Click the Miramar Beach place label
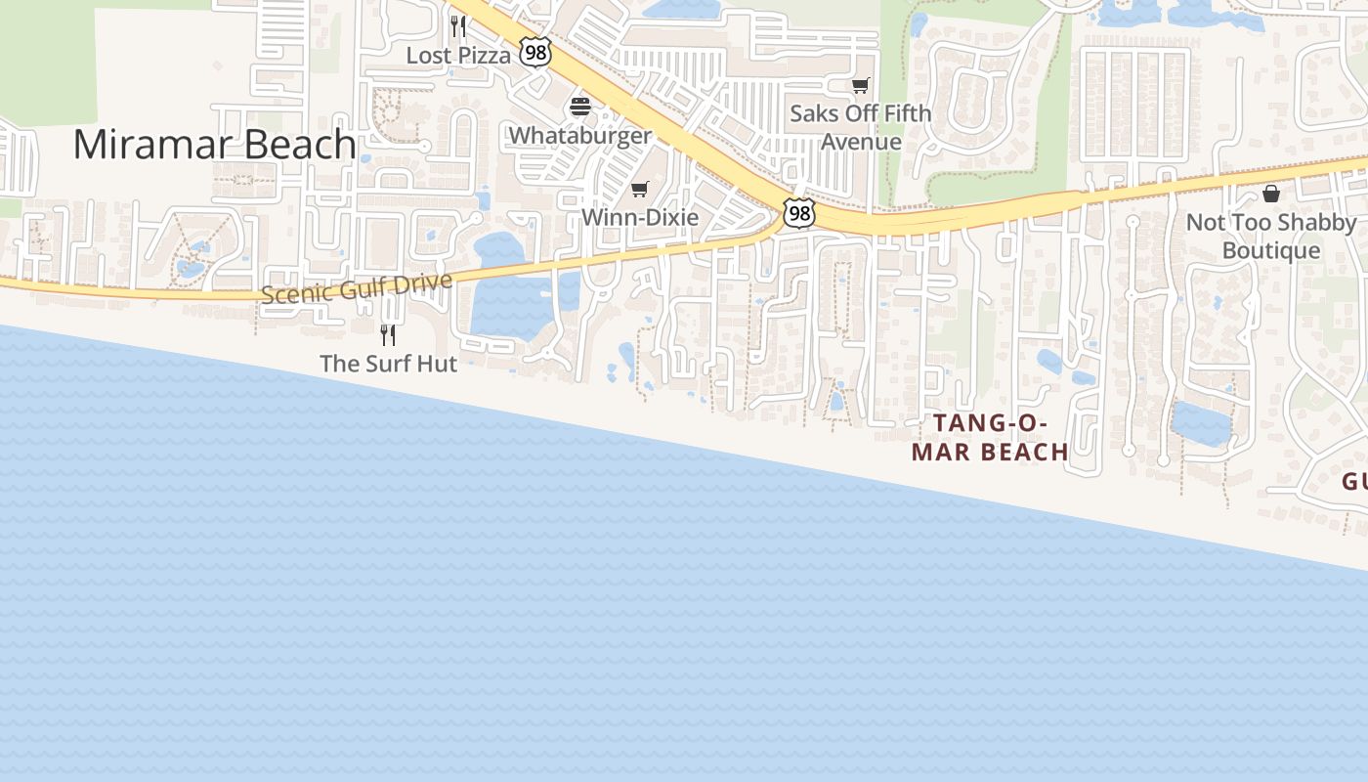(214, 145)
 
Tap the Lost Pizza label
(458, 56)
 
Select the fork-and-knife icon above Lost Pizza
(457, 25)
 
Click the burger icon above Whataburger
(580, 107)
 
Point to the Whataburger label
(580, 135)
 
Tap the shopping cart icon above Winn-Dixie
(639, 189)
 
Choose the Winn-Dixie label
(640, 217)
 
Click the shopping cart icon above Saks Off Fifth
(860, 86)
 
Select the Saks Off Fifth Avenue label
(861, 127)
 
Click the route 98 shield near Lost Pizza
(535, 52)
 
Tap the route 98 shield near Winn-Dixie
(798, 213)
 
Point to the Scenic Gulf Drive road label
(357, 288)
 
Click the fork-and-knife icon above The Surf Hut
(388, 335)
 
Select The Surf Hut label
(388, 364)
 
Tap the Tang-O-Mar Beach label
(990, 437)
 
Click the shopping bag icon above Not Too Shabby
(1270, 194)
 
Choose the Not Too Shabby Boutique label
(1271, 237)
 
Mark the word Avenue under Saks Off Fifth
(861, 142)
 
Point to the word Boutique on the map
(1271, 251)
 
